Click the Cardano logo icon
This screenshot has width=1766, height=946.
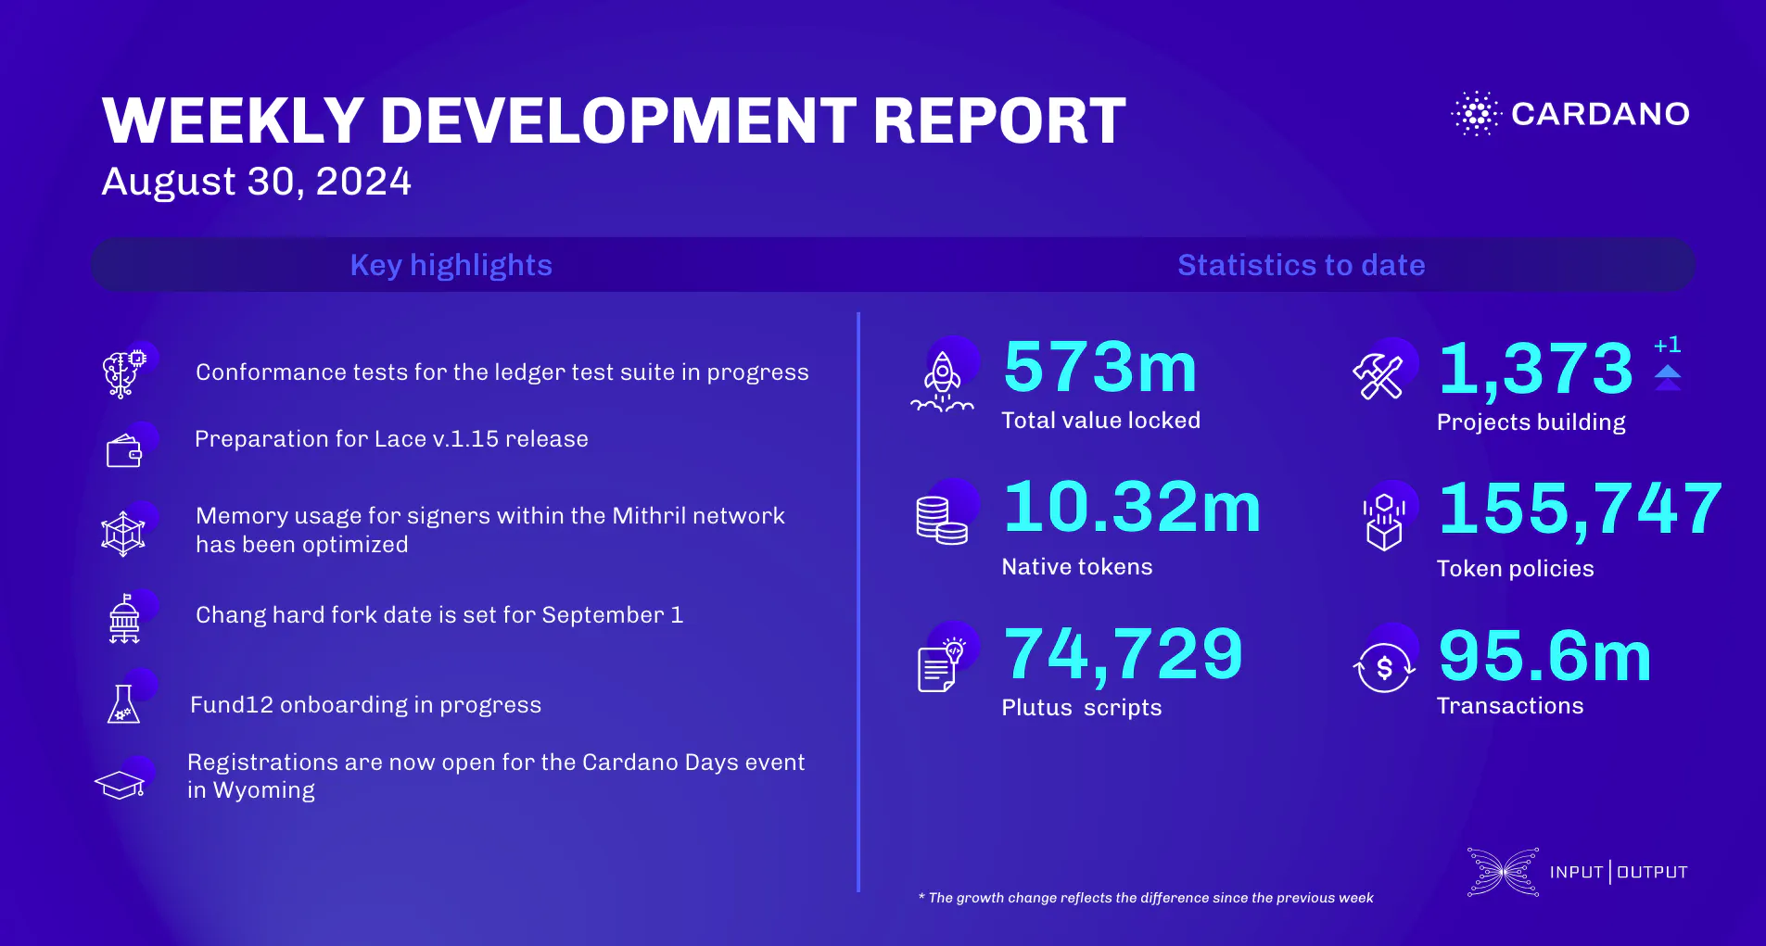[x=1476, y=114]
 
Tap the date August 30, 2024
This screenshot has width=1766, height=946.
[x=256, y=182]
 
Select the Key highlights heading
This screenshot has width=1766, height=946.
[x=451, y=265]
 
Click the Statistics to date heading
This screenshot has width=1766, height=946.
[x=1301, y=265]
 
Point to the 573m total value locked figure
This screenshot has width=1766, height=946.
[x=1100, y=368]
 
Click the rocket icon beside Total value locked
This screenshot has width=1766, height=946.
[x=942, y=382]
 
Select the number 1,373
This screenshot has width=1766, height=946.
[x=1535, y=369]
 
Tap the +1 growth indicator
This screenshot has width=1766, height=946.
[x=1667, y=345]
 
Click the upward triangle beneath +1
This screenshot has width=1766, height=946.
[x=1668, y=372]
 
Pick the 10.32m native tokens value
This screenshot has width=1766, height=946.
[x=1132, y=508]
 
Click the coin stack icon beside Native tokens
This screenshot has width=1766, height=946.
[x=941, y=520]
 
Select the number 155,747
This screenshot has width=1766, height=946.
[x=1580, y=510]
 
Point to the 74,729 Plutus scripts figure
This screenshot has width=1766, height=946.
[x=1123, y=654]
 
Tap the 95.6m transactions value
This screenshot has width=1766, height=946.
[x=1544, y=657]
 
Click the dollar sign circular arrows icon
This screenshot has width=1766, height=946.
[x=1384, y=668]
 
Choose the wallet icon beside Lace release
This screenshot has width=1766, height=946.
[x=124, y=451]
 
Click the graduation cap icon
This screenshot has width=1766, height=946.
[x=121, y=784]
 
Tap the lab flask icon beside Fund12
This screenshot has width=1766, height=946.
[x=124, y=704]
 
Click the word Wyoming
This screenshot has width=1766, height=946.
[x=263, y=790]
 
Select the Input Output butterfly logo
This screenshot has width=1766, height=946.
[x=1503, y=872]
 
